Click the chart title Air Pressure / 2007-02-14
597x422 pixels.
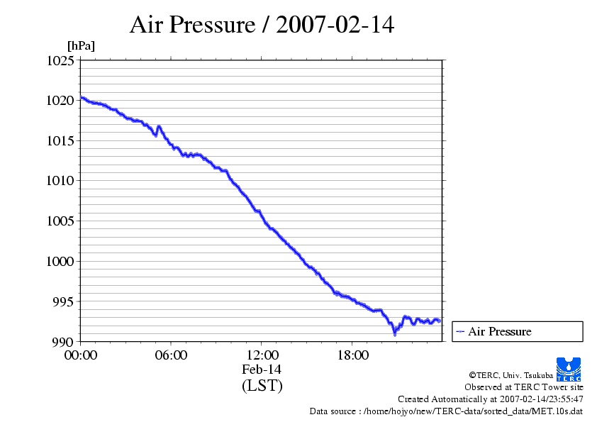tap(262, 26)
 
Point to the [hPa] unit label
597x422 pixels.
tap(81, 46)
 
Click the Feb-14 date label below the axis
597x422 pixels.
tap(262, 370)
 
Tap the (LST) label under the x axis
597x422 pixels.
tap(262, 386)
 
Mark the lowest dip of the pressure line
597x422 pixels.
tap(395, 333)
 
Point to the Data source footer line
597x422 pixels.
tap(446, 411)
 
